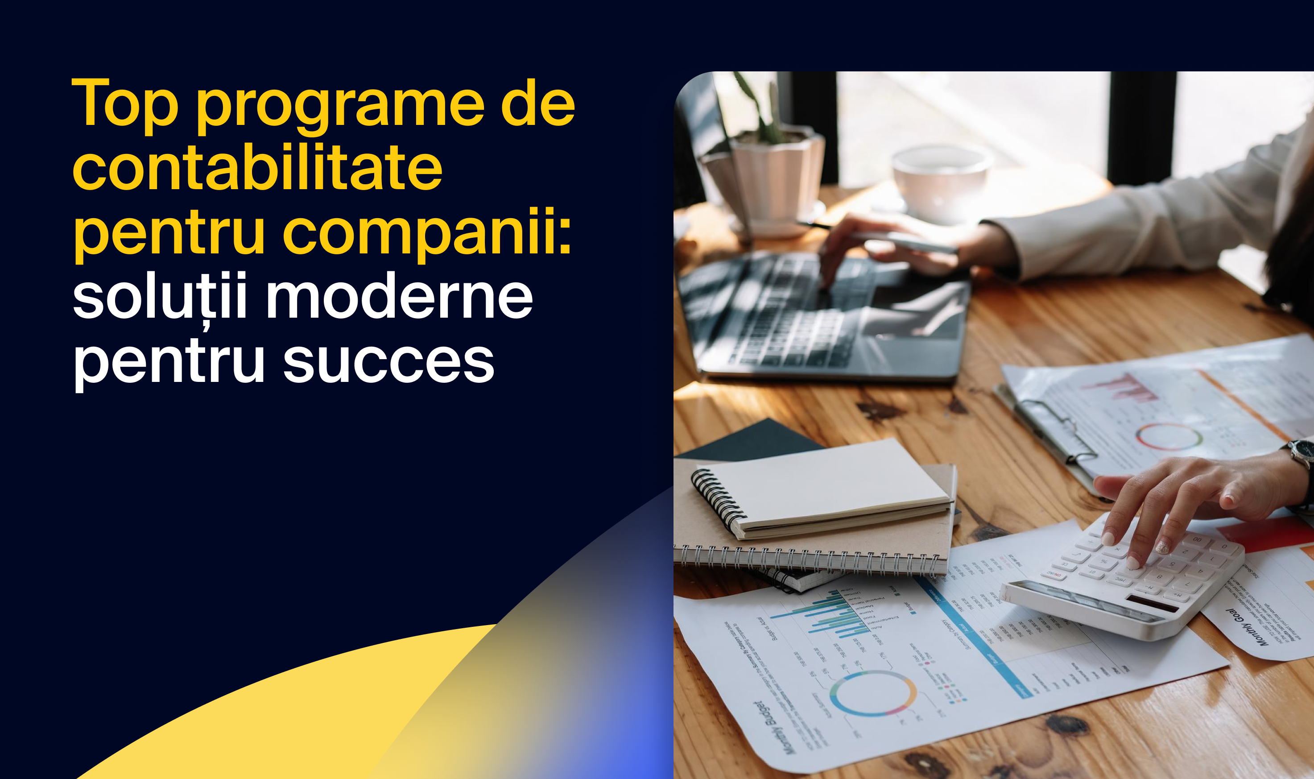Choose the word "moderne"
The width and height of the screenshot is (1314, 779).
tap(400, 297)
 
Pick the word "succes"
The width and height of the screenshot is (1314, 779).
tap(388, 362)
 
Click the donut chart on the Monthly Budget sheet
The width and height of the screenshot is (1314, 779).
tap(873, 693)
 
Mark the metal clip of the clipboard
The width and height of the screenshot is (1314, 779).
tap(1055, 428)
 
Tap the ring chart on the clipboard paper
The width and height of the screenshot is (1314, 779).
tap(1169, 437)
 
